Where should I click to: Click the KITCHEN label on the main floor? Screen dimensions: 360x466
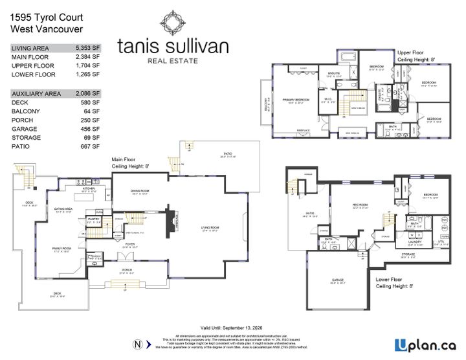pyautogui.click(x=89, y=188)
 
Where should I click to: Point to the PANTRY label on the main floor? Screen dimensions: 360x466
pyautogui.click(x=92, y=219)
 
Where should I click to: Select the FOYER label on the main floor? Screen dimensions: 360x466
pyautogui.click(x=139, y=244)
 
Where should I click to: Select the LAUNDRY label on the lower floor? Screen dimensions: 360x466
pyautogui.click(x=415, y=242)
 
